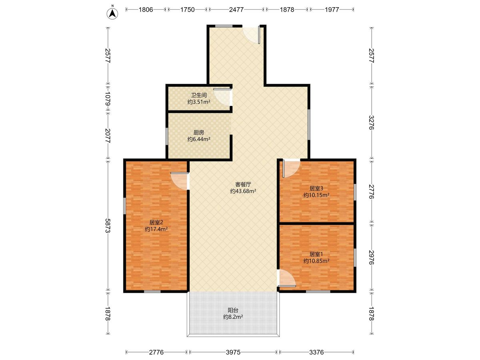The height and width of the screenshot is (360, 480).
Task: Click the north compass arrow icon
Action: point(112,14)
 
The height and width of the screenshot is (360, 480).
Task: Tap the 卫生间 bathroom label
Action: point(199,95)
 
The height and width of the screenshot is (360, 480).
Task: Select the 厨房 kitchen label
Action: point(199,132)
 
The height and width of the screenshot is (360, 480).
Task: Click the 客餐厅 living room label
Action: point(243,184)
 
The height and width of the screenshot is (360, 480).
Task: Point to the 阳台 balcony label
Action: point(233,310)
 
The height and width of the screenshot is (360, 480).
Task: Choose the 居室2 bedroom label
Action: point(156,222)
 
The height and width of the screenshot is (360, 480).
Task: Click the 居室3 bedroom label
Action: point(316,188)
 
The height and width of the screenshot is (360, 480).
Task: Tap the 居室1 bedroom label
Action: point(316,254)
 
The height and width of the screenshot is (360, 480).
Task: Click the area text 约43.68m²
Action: point(243,191)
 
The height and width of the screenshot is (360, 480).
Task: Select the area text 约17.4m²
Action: point(156,229)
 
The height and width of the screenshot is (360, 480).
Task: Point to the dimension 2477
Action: point(236,10)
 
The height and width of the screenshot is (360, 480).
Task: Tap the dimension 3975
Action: point(233,352)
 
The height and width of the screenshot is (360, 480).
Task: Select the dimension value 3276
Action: point(371,122)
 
